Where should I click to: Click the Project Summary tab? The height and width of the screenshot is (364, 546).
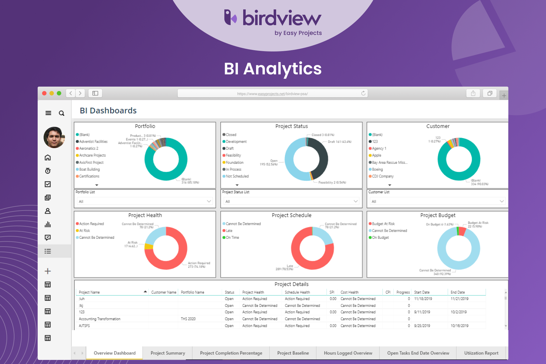click(168, 353)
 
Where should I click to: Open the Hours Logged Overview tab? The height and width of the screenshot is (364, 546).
click(348, 353)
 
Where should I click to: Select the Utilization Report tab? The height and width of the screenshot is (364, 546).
click(481, 353)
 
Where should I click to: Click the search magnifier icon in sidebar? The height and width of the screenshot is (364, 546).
click(62, 113)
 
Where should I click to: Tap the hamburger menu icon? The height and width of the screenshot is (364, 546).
click(48, 113)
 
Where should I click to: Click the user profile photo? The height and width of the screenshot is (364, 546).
click(54, 137)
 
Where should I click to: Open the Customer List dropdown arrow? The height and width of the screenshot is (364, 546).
click(501, 201)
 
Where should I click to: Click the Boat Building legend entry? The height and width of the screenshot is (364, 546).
click(89, 169)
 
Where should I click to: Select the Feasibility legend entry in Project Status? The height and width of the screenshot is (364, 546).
click(233, 155)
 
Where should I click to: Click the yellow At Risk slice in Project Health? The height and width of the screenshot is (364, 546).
click(149, 246)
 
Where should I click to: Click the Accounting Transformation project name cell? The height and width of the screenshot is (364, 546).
click(99, 319)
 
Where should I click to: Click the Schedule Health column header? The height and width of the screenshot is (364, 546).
click(297, 292)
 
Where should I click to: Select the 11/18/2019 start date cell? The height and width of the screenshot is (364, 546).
click(423, 299)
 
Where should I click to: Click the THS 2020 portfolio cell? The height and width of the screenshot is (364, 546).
click(188, 319)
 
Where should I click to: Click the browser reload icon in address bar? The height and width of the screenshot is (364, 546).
click(363, 93)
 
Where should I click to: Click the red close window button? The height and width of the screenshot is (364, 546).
click(44, 93)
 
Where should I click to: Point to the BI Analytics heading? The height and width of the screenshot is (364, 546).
click(273, 69)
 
